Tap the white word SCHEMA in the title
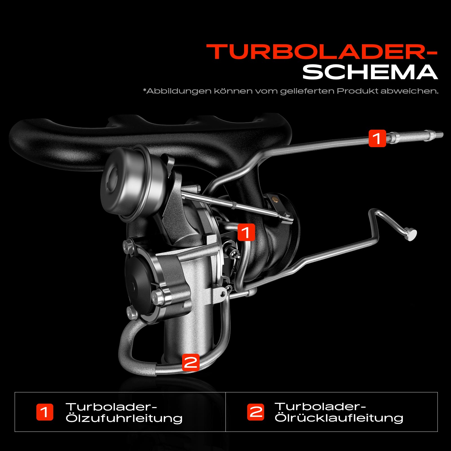pyautogui.click(x=370, y=72)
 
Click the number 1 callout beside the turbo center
pyautogui.click(x=246, y=233)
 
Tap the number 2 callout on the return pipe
pyautogui.click(x=191, y=362)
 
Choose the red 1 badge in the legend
pyautogui.click(x=45, y=412)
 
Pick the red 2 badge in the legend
pyautogui.click(x=256, y=412)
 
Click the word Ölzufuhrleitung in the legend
pyautogui.click(x=124, y=418)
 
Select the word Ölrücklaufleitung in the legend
pyautogui.click(x=339, y=418)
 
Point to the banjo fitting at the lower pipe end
pyautogui.click(x=410, y=234)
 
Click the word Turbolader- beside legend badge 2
pyautogui.click(x=320, y=406)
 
